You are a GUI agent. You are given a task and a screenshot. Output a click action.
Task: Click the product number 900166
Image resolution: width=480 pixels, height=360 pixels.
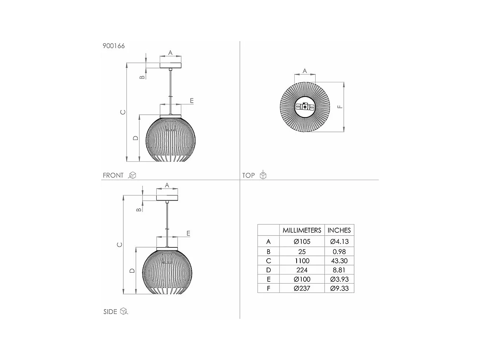click(114, 46)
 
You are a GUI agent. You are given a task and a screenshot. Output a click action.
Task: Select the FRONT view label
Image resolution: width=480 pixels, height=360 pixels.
click(113, 175)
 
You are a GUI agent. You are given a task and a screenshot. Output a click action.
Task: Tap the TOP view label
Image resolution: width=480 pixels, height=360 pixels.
click(248, 175)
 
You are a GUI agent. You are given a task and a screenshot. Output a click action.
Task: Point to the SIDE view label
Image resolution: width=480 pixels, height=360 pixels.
click(110, 311)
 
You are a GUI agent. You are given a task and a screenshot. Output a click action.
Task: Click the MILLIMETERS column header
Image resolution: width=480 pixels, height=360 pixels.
click(302, 230)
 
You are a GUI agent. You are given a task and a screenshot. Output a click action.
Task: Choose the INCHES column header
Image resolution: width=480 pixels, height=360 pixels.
click(339, 230)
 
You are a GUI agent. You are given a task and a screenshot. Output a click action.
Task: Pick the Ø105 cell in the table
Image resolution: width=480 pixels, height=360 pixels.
click(302, 242)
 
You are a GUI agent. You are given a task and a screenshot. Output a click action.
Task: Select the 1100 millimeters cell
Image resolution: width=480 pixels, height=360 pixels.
click(302, 261)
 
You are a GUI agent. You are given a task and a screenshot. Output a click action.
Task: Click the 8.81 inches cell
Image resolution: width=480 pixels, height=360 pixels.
click(339, 270)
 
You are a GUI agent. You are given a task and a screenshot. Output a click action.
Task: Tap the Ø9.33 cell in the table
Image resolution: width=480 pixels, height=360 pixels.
click(339, 288)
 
